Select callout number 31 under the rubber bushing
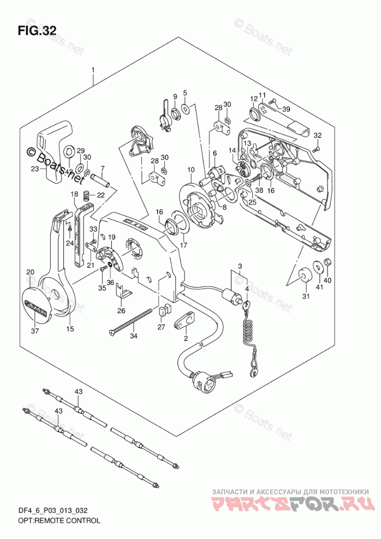(306, 296)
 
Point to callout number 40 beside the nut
(329, 281)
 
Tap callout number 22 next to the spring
(100, 195)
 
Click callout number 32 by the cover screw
(318, 135)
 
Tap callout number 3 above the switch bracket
(239, 266)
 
